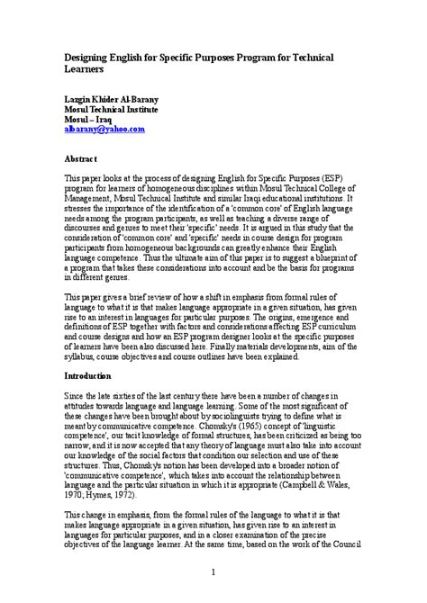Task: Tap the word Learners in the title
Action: (x=86, y=68)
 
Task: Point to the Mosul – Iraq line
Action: (x=88, y=119)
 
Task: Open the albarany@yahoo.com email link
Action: (x=104, y=130)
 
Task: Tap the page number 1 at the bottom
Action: (x=213, y=571)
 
